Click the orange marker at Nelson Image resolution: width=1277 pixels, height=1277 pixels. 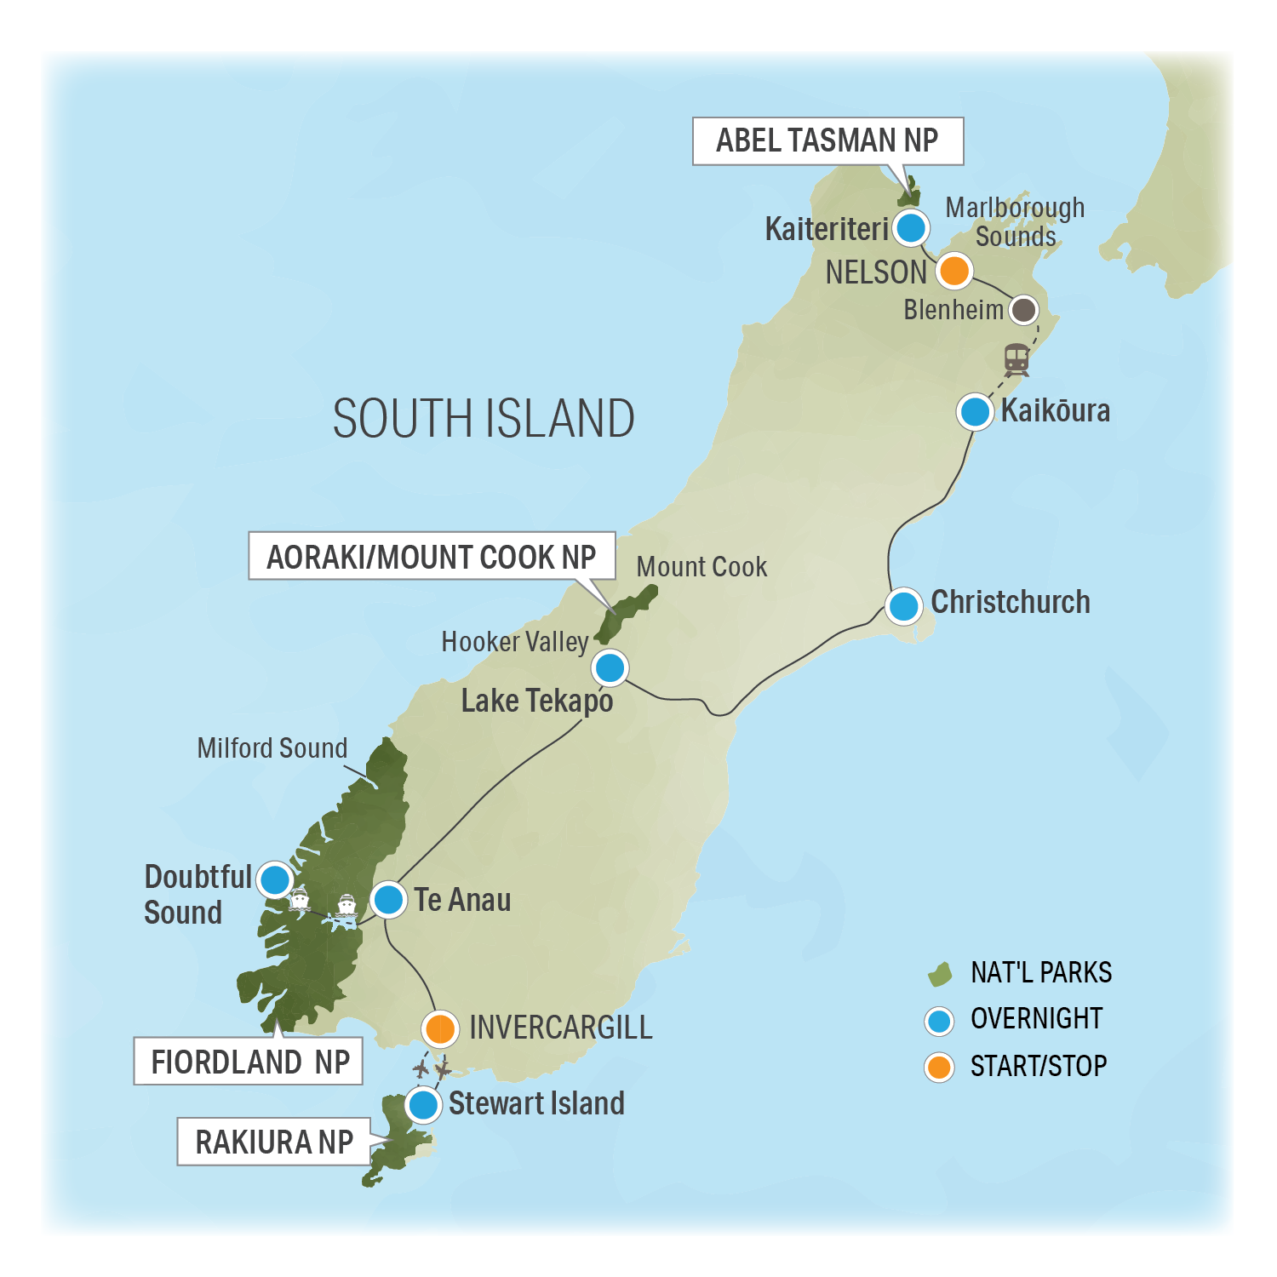[954, 271]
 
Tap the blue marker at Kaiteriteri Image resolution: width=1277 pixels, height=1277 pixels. [911, 227]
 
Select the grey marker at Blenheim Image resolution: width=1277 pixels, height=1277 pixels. [1023, 310]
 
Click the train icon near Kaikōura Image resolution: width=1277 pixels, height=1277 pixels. [1016, 359]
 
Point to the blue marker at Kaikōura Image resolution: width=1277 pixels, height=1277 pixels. [975, 412]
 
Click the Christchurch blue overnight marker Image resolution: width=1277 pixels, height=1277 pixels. [903, 606]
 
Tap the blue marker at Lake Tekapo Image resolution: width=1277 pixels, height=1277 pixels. [610, 667]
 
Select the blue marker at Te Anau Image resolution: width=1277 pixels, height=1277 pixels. [388, 899]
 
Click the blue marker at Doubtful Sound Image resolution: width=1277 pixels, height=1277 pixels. [275, 879]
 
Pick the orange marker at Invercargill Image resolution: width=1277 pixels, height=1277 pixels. [440, 1028]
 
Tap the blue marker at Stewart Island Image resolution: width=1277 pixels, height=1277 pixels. [423, 1105]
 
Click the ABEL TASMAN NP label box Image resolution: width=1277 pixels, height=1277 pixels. [827, 141]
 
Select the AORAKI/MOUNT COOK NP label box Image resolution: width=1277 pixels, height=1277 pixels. [432, 557]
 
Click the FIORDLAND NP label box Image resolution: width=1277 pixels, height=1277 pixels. [249, 1061]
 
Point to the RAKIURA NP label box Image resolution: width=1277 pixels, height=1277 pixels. [274, 1142]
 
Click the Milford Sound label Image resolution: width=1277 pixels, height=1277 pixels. [272, 747]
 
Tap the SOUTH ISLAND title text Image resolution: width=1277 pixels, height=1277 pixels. [483, 419]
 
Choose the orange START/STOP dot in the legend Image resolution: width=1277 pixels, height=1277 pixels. [939, 1067]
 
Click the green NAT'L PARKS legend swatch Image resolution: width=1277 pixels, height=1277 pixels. [939, 974]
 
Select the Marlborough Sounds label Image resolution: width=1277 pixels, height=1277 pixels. [1015, 221]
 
